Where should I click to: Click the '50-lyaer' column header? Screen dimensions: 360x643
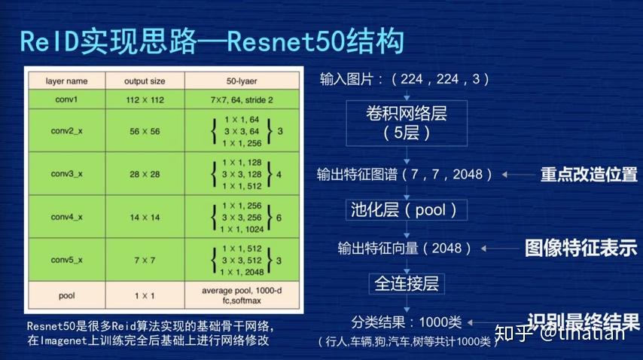point(237,81)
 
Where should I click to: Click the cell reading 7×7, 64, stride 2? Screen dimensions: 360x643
point(237,99)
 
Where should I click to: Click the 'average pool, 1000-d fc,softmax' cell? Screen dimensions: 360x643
point(237,296)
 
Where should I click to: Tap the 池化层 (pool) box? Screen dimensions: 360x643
point(406,209)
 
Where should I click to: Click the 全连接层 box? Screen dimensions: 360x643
point(407,283)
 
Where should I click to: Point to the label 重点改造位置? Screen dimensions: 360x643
point(588,175)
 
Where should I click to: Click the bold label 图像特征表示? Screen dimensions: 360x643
point(581,248)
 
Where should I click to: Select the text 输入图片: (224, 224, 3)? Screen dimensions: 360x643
point(404,78)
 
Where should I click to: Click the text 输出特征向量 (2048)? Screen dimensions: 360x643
point(405,247)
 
